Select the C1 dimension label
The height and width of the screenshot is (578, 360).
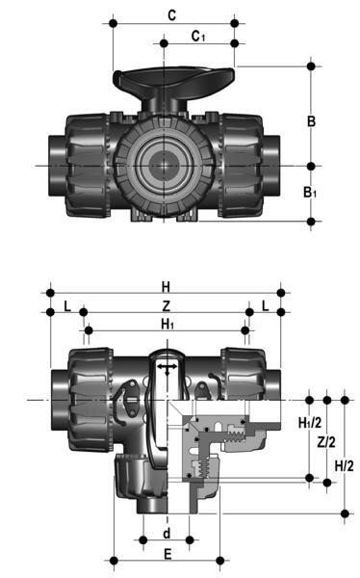pyautogui.click(x=197, y=36)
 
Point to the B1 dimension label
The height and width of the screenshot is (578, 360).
pyautogui.click(x=311, y=194)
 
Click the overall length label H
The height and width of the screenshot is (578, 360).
pyautogui.click(x=166, y=286)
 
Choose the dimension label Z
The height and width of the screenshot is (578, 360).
pyautogui.click(x=166, y=305)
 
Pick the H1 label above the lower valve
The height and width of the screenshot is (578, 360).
pyautogui.click(x=167, y=324)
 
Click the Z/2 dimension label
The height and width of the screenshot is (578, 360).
pyautogui.click(x=326, y=442)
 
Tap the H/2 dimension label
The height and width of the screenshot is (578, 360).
pyautogui.click(x=343, y=465)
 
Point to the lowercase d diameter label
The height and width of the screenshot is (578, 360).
pyautogui.click(x=166, y=531)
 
